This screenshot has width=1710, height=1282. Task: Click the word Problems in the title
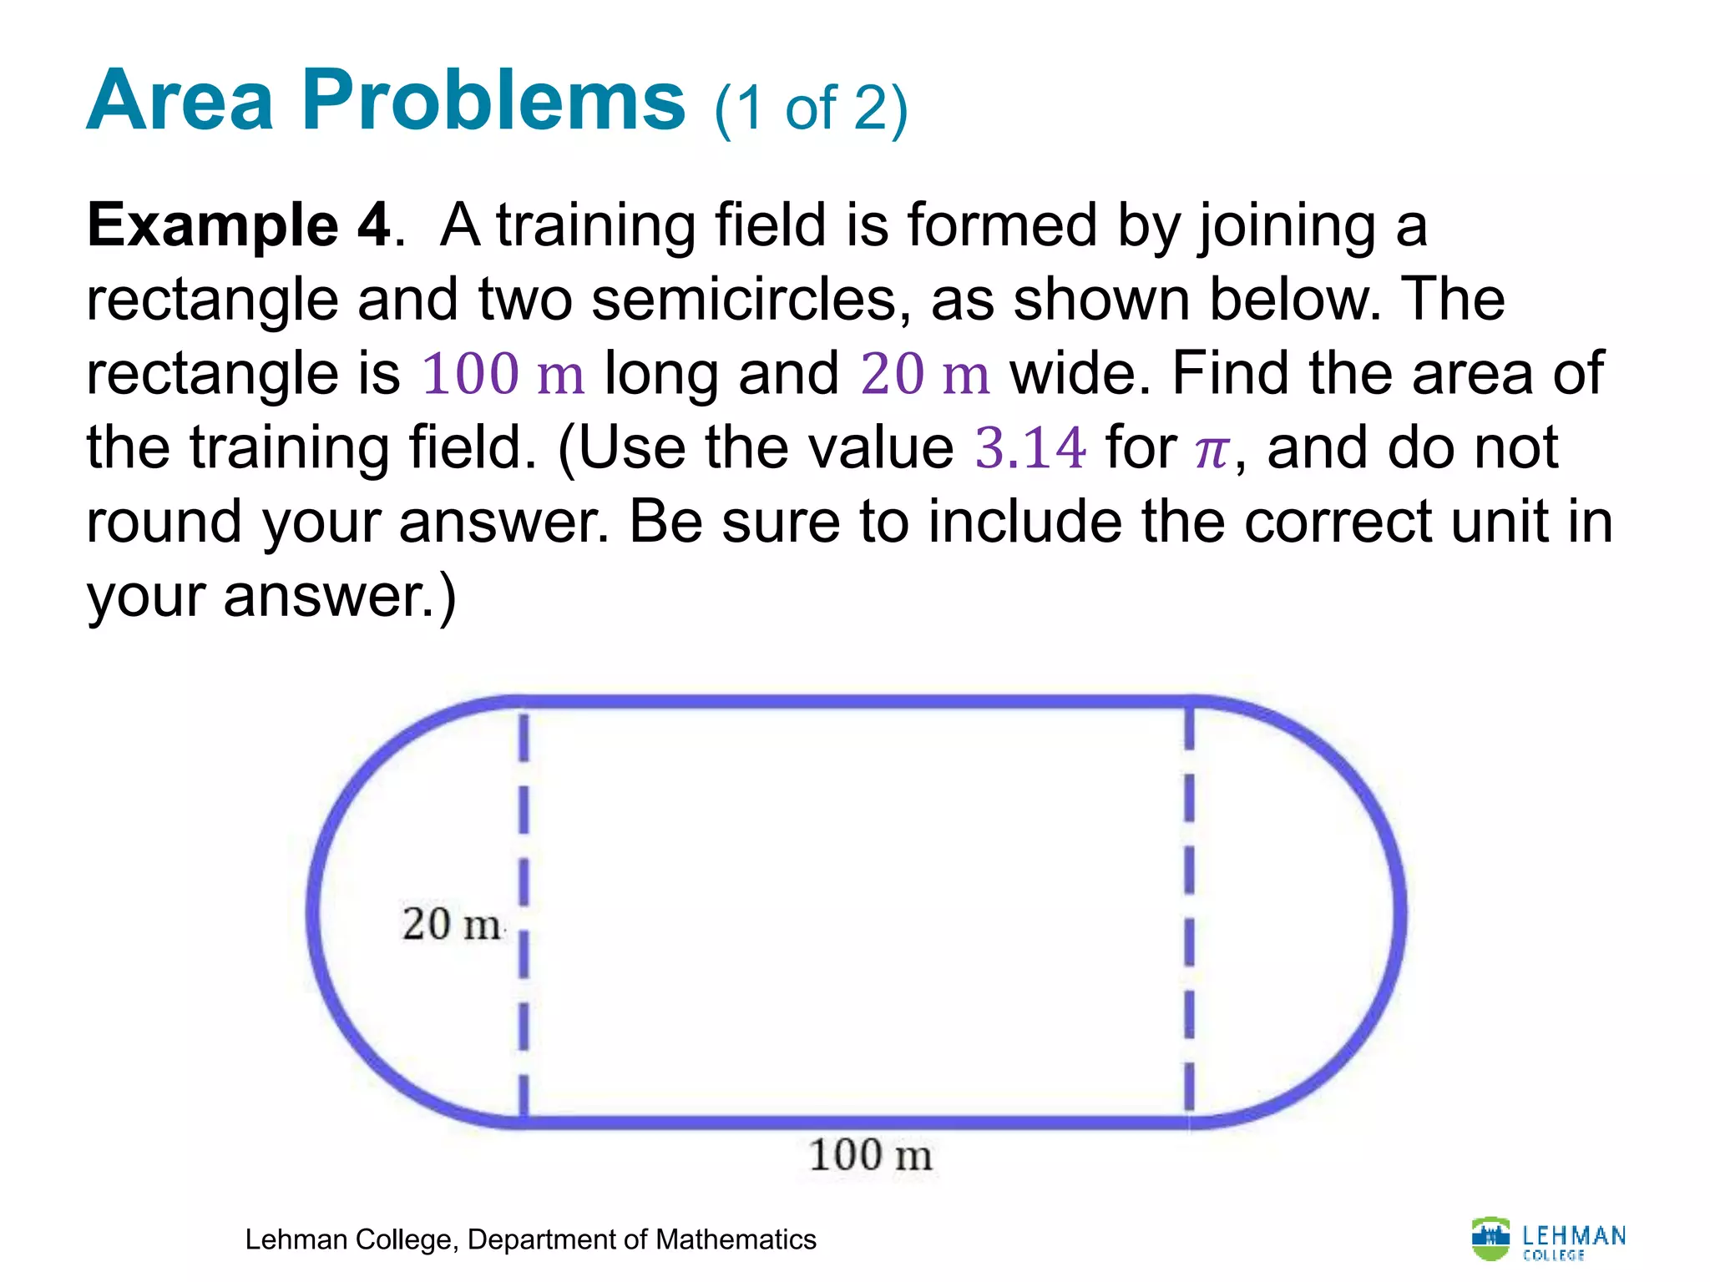coord(493,102)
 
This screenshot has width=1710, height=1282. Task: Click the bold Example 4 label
coord(239,225)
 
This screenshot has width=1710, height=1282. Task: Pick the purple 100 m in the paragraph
coord(503,373)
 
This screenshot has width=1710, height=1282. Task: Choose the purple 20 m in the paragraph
coord(924,373)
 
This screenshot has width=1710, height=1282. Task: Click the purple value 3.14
coord(1030,448)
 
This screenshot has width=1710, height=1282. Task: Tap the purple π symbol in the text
coord(1212,451)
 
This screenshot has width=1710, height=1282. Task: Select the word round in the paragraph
coord(164,522)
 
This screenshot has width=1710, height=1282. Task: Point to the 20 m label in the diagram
coord(452,924)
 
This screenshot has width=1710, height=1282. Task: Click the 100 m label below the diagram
coord(870,1155)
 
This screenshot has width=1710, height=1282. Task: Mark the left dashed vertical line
coord(524,835)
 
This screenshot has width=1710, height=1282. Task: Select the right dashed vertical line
coord(1189,835)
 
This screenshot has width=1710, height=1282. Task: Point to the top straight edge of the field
coord(856,701)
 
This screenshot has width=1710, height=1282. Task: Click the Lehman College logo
coord(1548,1239)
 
